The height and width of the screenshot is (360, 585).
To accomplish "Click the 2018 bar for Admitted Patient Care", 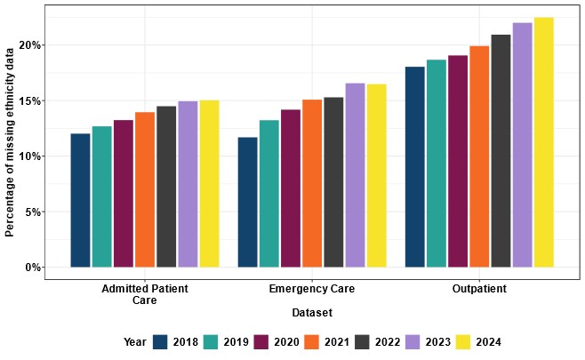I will [x=80, y=201].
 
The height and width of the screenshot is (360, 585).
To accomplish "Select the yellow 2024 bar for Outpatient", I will [x=543, y=143].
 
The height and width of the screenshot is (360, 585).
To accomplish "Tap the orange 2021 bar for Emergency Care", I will [x=312, y=184].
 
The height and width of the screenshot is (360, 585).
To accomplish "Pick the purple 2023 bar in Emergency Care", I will [x=355, y=176].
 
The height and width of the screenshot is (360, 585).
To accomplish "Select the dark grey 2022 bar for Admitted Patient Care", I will [x=166, y=187].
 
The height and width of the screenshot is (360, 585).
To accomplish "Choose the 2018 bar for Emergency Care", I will [x=248, y=203].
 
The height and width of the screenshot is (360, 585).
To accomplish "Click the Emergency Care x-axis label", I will [x=312, y=290].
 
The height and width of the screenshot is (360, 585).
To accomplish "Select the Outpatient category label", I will [x=479, y=290].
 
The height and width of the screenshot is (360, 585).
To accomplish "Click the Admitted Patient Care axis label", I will [x=145, y=295].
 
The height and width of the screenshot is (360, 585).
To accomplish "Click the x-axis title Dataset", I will [x=311, y=313].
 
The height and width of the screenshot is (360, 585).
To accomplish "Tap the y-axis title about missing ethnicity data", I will [x=10, y=142].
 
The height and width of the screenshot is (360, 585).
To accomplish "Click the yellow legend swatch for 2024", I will [x=462, y=342].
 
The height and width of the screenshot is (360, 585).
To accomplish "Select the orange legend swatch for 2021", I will [x=311, y=342].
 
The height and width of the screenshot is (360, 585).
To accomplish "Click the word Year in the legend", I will [x=135, y=342].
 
